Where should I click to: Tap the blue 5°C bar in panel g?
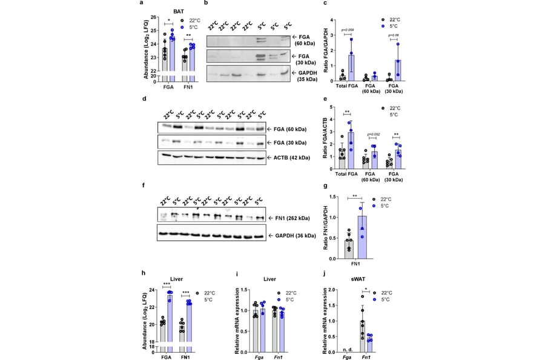coord(362,237)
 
